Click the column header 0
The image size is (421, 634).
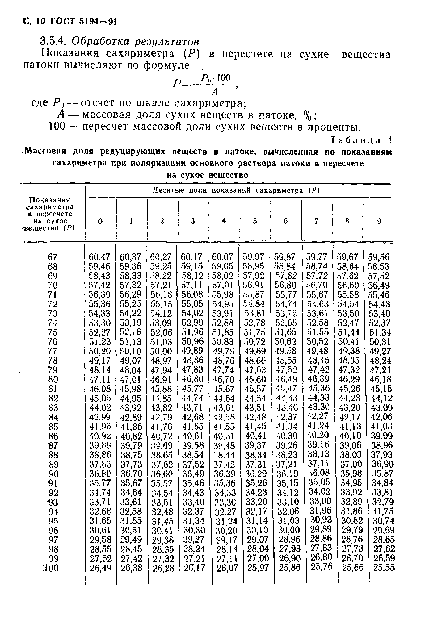pos(100,221)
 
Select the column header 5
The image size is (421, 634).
pos(255,221)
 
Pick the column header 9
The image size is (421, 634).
pos(379,221)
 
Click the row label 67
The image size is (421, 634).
pos(53,257)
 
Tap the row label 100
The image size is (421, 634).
pos(51,568)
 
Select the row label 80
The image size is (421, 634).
pos(53,379)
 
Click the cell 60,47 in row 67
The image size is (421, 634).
pos(99,257)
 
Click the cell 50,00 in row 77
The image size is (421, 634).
pos(161,351)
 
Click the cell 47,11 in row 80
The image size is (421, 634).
pos(100,379)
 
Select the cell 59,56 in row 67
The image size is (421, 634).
pos(378,257)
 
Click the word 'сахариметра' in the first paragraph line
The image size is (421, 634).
pos(140,54)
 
